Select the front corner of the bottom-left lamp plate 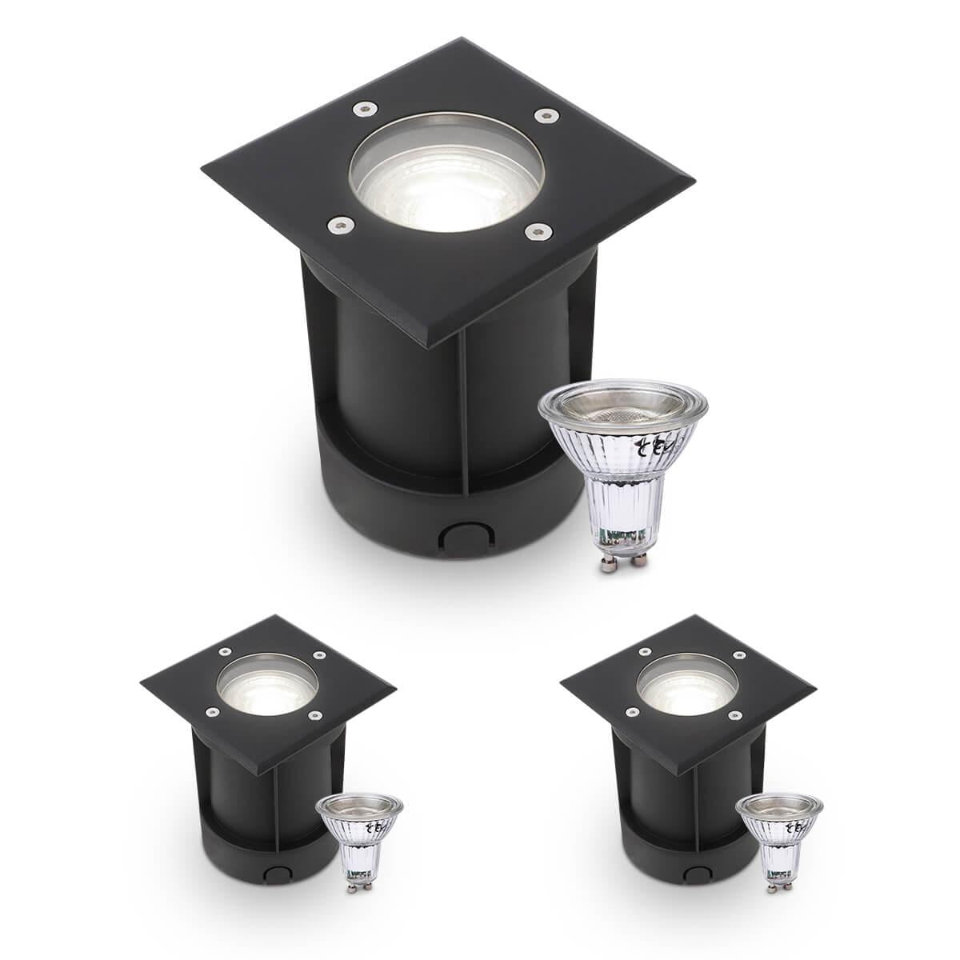[x=274, y=774]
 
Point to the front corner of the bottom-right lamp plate [x=694, y=774]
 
